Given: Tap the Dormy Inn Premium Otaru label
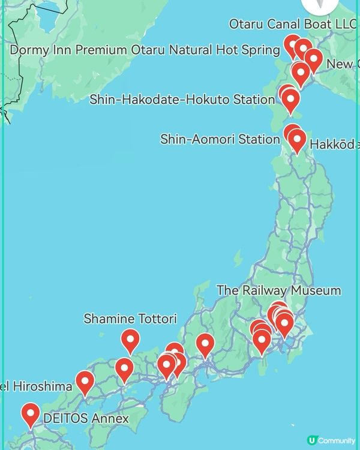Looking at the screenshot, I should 145,50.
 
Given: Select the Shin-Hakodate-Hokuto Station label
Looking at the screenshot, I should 182,100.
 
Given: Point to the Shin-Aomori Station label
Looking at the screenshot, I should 220,140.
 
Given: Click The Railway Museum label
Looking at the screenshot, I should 278,290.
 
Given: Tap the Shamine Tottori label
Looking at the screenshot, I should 130,318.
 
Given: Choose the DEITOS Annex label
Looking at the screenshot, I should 86,418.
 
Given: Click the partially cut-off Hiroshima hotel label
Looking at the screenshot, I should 36,386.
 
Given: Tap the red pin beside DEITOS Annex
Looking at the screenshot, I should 30,414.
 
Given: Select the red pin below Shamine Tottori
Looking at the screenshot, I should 130,340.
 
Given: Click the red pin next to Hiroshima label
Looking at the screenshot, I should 85,382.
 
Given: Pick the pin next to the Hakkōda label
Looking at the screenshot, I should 296,140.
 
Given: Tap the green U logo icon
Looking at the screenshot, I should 312,440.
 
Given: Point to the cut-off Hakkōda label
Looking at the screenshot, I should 334,144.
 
